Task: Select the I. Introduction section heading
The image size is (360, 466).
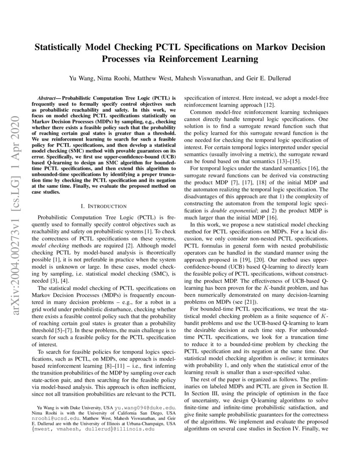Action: [103, 206]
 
